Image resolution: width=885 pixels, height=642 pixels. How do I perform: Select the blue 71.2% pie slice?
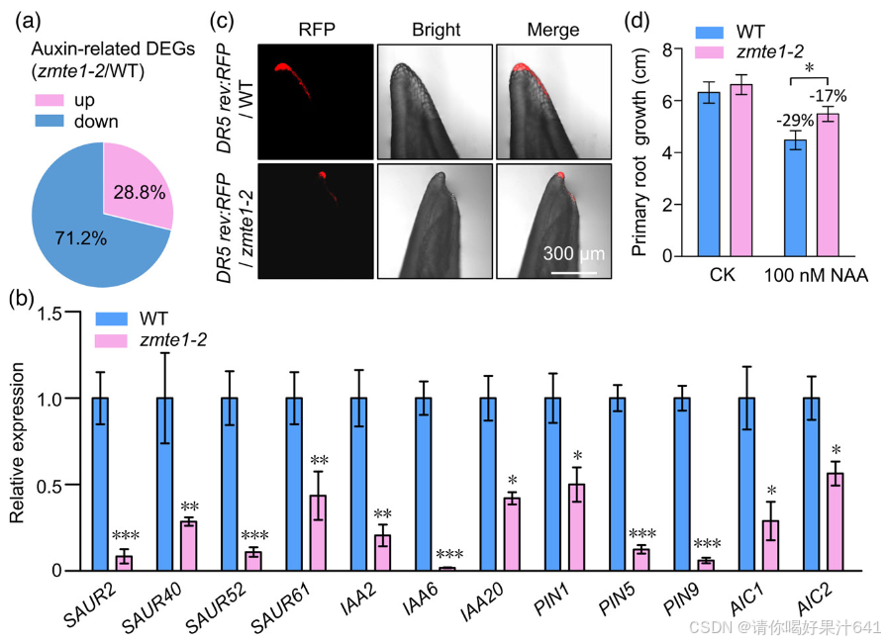[79, 237]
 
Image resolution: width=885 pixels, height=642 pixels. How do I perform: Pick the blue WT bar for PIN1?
[553, 484]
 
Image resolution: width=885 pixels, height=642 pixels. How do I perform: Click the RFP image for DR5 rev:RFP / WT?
[316, 102]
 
